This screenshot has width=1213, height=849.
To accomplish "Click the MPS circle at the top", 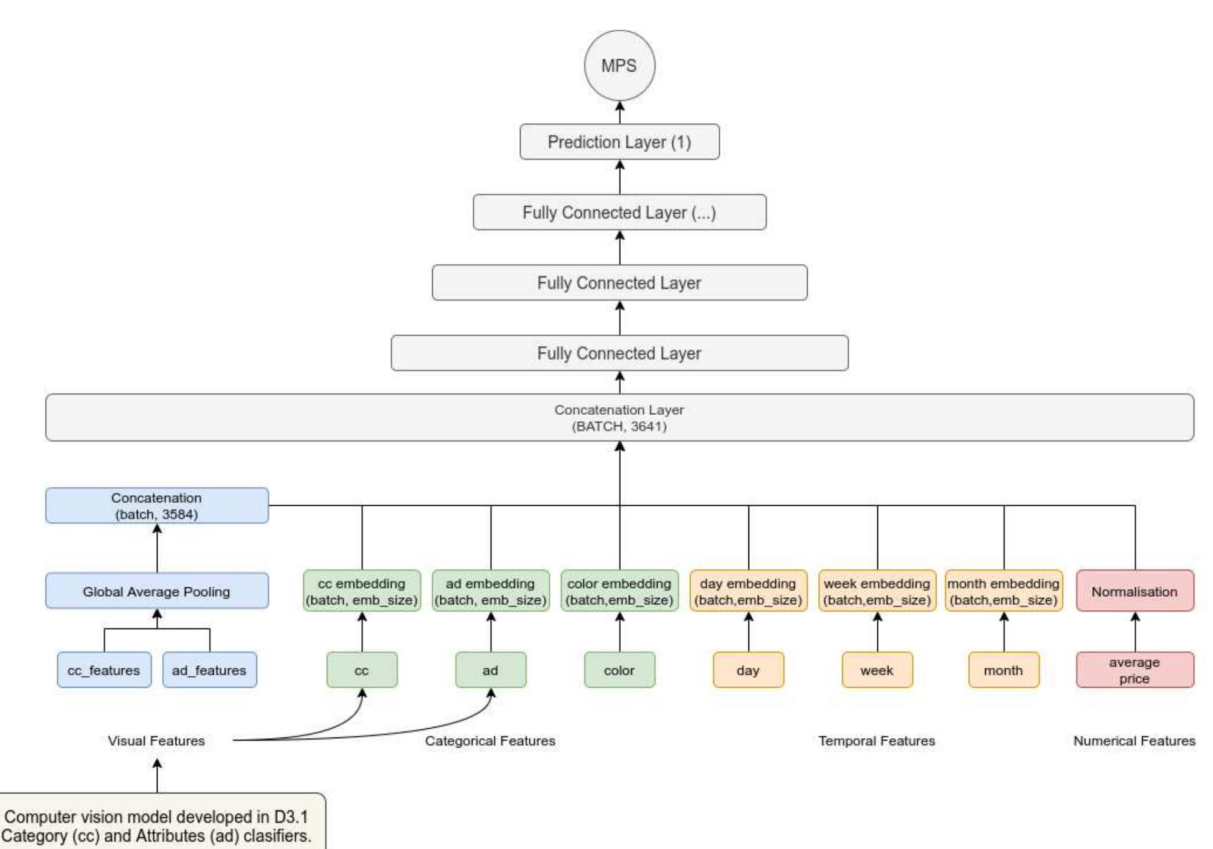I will pos(619,65).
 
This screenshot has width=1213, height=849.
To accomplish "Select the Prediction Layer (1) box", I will pos(619,142).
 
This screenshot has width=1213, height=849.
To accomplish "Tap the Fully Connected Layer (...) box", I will pos(619,212).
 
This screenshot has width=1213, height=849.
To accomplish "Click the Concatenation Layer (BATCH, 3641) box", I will pos(619,417).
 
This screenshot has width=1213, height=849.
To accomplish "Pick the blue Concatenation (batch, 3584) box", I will pos(156,506).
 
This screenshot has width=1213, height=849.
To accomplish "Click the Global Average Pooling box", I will pos(156,591).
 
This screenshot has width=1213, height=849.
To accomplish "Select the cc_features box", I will pos(103,670).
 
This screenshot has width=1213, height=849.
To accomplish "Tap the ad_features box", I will pos(209,670).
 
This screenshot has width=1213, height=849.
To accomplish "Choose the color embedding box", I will pos(619,591).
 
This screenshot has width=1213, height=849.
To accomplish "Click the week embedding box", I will pos(877,591).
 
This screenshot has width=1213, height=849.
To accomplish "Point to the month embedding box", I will pos(1003,591).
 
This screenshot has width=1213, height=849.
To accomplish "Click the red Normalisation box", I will pos(1135,591).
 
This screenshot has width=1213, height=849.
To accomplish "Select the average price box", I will pos(1135,670).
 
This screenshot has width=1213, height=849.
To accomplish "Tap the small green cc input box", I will pos(361,670).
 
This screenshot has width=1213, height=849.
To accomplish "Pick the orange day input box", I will pos(748,670).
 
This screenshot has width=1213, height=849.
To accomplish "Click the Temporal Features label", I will pos(876,741).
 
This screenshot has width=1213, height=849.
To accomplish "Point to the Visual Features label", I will pos(156,741).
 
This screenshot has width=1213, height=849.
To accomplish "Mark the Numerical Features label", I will pos(1134,741).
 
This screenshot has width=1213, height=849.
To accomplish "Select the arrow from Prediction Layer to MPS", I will pos(620,113).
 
